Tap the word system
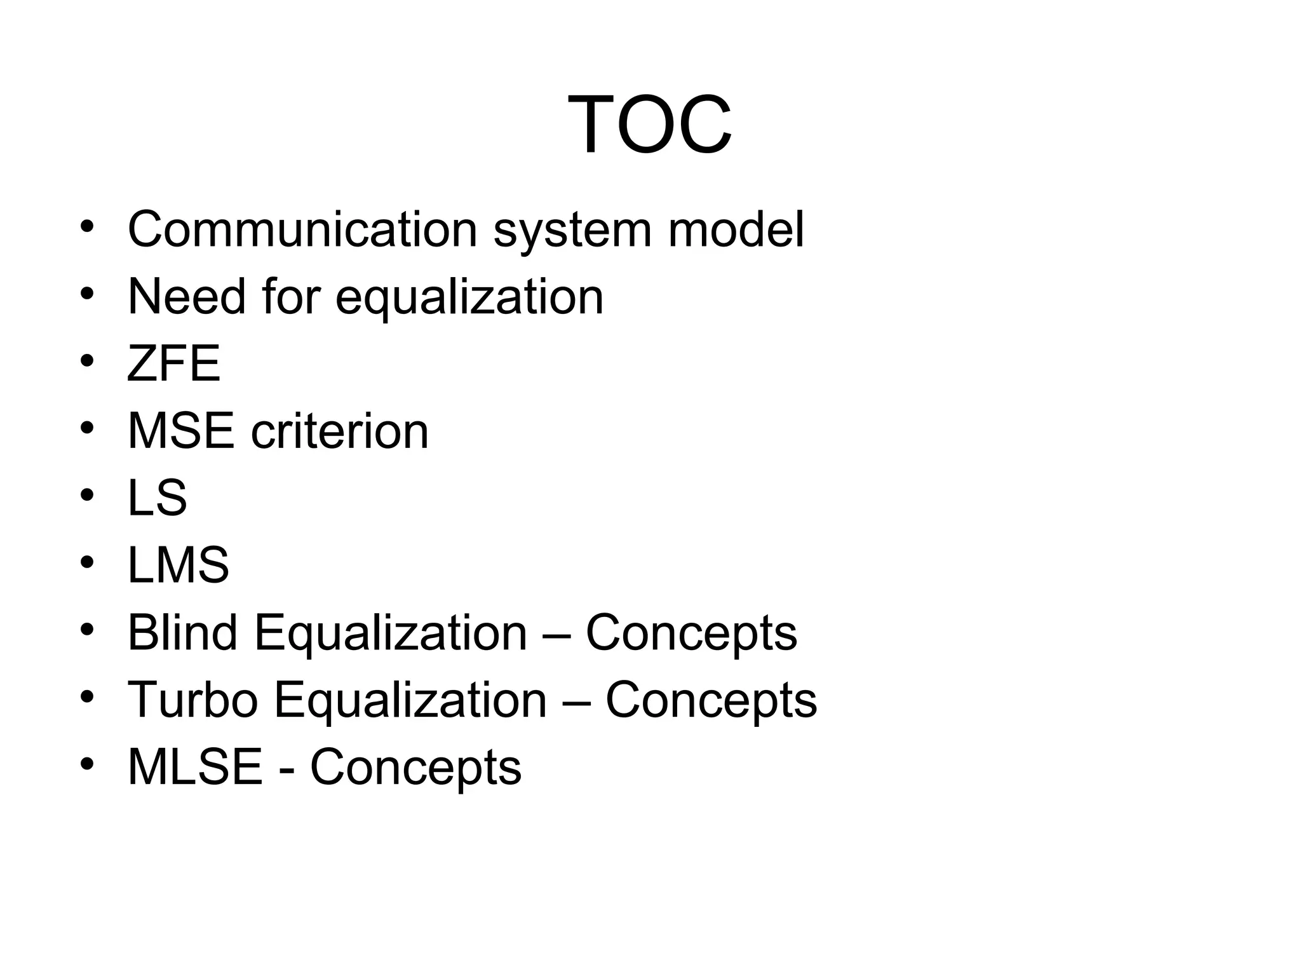[x=572, y=230]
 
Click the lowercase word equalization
[x=469, y=297]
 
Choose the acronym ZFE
[x=173, y=363]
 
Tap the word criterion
[x=340, y=431]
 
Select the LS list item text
[x=157, y=498]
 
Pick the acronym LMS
[x=178, y=565]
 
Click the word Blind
[x=182, y=632]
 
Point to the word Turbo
[x=192, y=700]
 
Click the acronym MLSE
[x=195, y=767]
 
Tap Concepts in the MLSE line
[x=415, y=768]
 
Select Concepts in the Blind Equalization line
[x=691, y=634]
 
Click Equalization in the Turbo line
[x=410, y=701]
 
